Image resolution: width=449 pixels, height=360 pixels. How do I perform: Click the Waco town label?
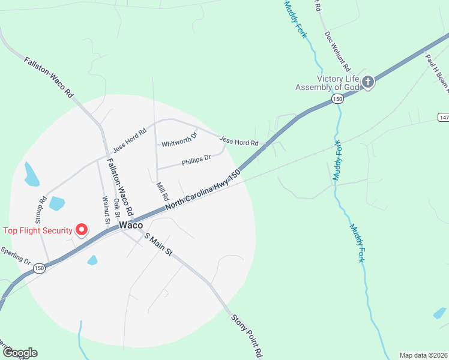click(x=130, y=225)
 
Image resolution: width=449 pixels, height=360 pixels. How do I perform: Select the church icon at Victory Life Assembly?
click(x=367, y=83)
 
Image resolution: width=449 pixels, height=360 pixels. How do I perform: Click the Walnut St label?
click(x=106, y=210)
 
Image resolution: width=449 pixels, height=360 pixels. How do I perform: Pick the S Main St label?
click(x=158, y=245)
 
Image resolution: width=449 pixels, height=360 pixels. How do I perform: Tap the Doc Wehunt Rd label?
click(x=337, y=52)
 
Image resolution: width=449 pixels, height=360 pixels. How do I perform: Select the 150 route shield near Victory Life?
click(x=339, y=99)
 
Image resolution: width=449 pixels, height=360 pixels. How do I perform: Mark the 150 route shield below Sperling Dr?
click(x=40, y=268)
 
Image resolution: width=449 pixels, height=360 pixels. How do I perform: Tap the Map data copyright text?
click(x=423, y=355)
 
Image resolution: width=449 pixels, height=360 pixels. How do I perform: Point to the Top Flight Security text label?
click(x=37, y=230)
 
